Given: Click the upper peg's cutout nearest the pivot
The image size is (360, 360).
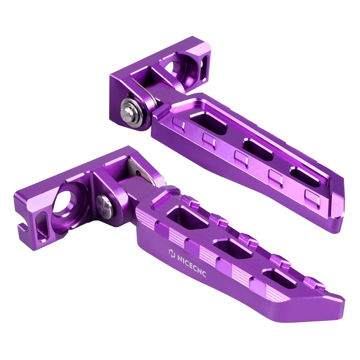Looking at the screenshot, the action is coord(209,123).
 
